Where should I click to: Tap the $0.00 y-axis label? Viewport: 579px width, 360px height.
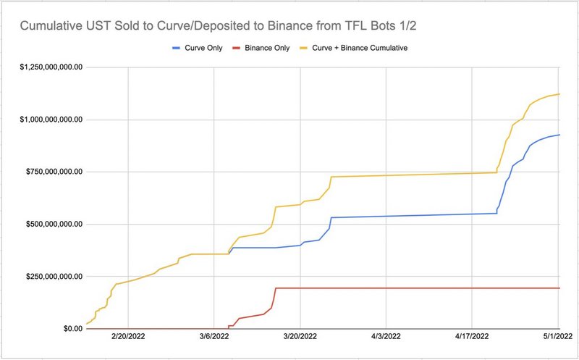click(x=69, y=329)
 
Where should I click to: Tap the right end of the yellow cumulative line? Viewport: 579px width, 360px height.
click(x=559, y=94)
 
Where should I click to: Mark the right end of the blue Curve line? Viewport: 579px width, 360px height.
click(x=559, y=135)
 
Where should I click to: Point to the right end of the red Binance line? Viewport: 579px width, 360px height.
click(x=559, y=288)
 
